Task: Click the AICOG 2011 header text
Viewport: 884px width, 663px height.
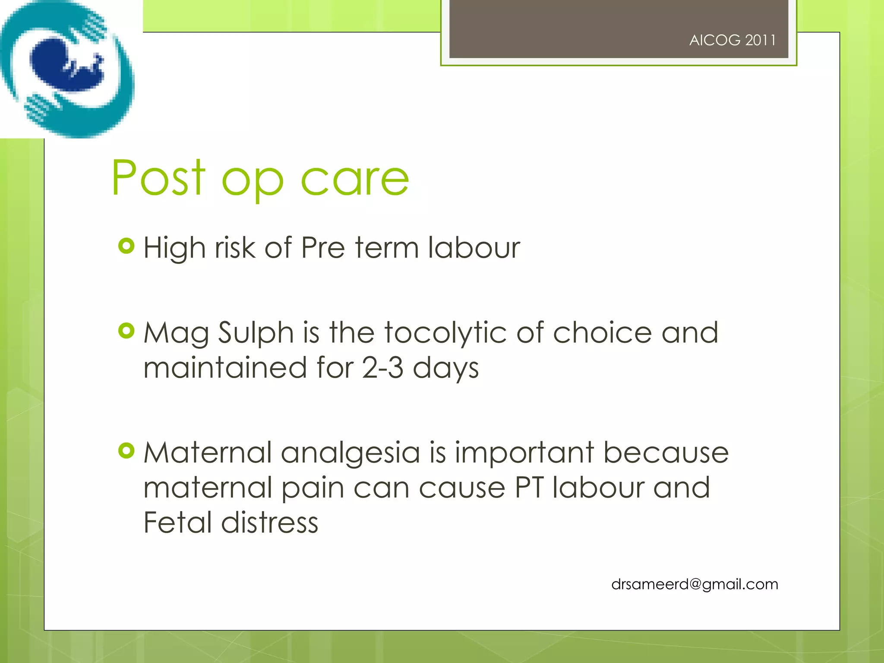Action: tap(732, 40)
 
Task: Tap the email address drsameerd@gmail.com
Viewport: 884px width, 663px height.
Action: tap(695, 584)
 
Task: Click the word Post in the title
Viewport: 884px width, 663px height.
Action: tap(158, 178)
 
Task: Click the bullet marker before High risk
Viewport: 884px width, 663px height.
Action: tap(126, 246)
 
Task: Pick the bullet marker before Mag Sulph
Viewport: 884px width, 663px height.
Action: tap(126, 331)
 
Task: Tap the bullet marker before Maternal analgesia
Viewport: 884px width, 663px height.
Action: tap(126, 451)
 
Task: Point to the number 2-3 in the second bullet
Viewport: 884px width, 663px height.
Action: tap(382, 368)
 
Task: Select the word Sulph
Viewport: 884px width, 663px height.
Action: tap(256, 333)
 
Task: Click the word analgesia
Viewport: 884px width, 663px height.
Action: tap(350, 453)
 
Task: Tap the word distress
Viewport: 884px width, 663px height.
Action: tap(270, 522)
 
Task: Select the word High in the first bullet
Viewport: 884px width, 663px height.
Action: tap(174, 248)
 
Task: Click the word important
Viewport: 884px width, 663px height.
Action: tap(524, 453)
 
